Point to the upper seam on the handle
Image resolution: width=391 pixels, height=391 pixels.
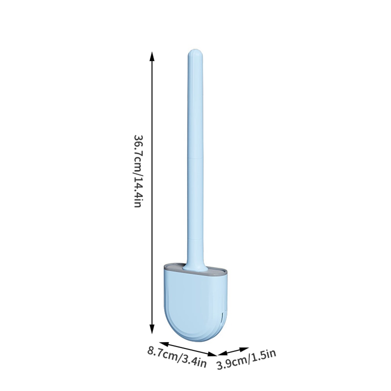pyautogui.click(x=195, y=158)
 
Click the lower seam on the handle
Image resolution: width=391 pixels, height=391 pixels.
pyautogui.click(x=195, y=238)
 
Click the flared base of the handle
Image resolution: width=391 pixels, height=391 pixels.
pyautogui.click(x=195, y=267)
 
